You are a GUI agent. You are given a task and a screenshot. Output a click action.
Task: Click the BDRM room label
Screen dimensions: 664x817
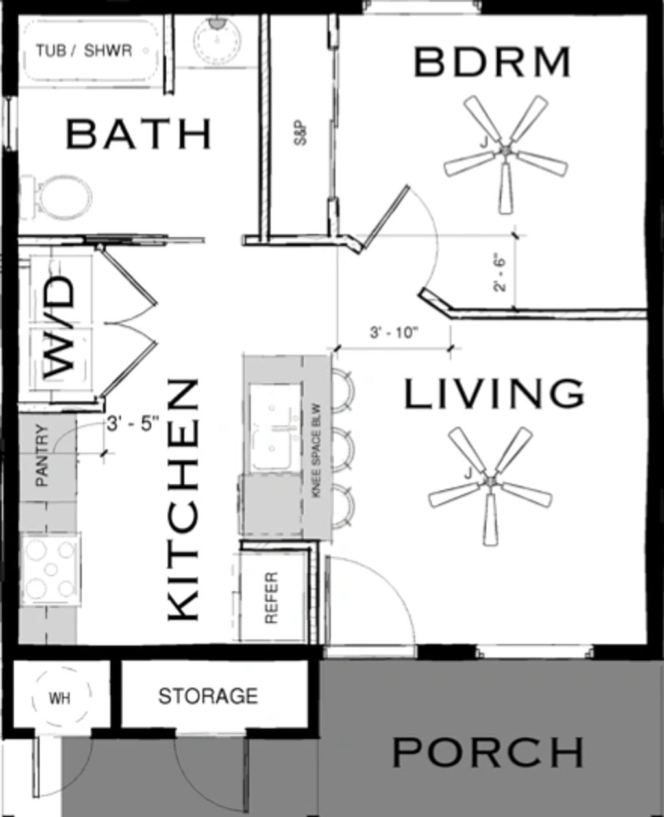click(493, 62)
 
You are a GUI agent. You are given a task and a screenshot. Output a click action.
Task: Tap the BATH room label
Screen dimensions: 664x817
click(139, 134)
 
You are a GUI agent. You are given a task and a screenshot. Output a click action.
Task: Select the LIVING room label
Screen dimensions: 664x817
click(495, 394)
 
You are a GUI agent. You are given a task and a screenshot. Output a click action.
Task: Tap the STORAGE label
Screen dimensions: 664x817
click(208, 696)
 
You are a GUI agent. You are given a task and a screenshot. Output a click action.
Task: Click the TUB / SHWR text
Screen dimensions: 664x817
click(84, 51)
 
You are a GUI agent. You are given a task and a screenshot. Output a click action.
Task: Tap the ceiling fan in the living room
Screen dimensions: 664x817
click(490, 485)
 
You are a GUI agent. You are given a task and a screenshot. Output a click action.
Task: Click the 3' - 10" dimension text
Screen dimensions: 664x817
click(394, 333)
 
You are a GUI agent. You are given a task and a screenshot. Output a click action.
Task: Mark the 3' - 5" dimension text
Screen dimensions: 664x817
click(133, 425)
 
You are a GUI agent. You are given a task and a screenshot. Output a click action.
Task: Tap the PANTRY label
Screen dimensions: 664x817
click(42, 455)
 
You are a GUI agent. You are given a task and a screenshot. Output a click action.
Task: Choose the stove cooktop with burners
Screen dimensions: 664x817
click(51, 569)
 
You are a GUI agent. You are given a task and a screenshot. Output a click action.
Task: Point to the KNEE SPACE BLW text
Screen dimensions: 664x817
click(317, 451)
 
